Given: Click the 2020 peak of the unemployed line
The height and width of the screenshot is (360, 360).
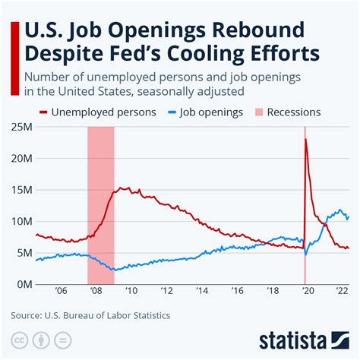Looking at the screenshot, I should pos(305,140).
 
